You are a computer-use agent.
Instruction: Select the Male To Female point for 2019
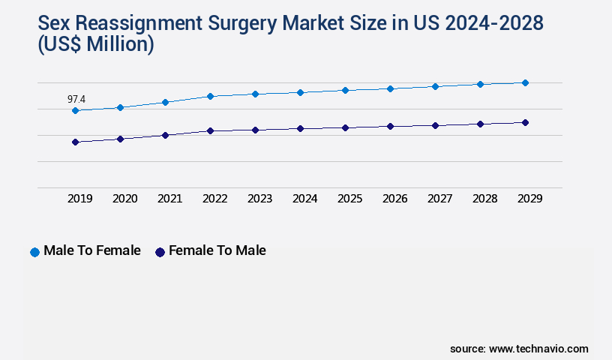pos(75,110)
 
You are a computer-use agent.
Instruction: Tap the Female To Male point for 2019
pos(75,142)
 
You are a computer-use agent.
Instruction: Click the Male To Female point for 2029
pos(525,82)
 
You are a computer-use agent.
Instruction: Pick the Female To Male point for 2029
pos(525,122)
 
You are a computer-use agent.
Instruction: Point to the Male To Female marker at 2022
pos(210,96)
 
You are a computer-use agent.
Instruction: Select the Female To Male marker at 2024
pos(300,128)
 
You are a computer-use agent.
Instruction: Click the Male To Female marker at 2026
pos(390,88)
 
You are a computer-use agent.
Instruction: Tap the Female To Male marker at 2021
pos(165,135)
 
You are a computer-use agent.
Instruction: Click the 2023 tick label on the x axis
pos(259,199)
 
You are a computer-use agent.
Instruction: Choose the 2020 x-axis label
pos(124,199)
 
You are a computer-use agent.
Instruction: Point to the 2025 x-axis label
pos(349,199)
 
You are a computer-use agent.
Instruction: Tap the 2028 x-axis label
pos(484,199)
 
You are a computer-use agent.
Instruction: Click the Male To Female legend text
pos(92,250)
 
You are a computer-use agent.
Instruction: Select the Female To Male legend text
pos(217,250)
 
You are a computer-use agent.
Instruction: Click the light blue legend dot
pos(34,252)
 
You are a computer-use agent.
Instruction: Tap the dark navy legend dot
pos(160,252)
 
